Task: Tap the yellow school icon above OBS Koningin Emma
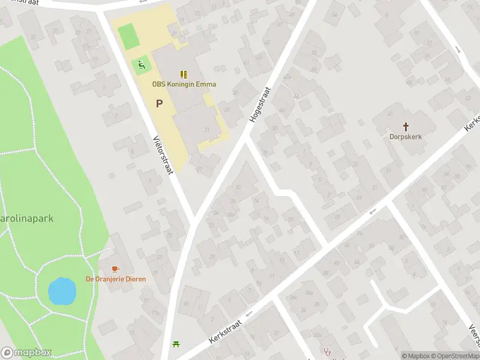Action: tap(184, 74)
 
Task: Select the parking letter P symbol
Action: tap(159, 103)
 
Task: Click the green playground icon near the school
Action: tap(142, 65)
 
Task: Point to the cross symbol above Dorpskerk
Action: tap(406, 127)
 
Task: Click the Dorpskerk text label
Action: tap(406, 137)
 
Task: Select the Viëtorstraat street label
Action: tap(163, 154)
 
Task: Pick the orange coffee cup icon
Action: tap(116, 269)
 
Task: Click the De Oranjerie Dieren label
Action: tap(116, 279)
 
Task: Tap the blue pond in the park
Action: tap(62, 291)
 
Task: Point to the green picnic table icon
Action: tap(176, 344)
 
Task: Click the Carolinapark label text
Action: tap(26, 218)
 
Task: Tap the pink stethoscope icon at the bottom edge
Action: tap(327, 352)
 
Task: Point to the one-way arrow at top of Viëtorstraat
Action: tap(142, 2)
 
